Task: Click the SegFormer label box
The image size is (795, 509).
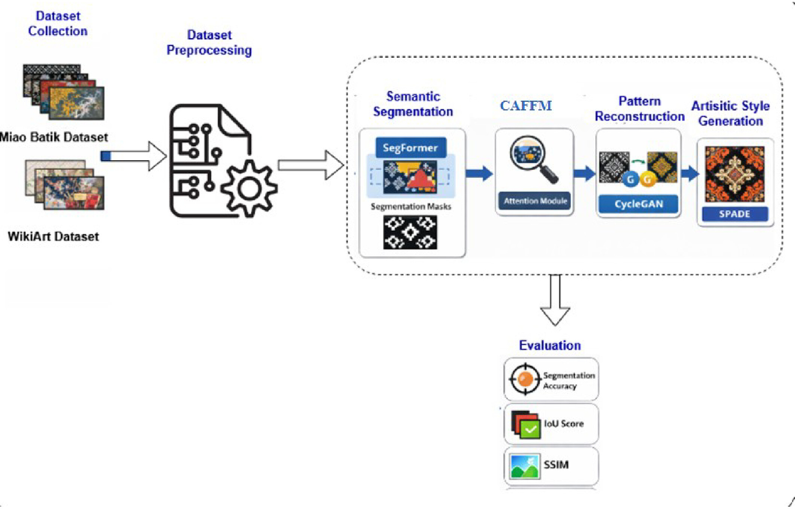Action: (411, 147)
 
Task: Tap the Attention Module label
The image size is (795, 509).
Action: (535, 201)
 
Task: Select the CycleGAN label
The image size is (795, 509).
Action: (639, 204)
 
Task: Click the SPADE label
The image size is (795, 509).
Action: (735, 214)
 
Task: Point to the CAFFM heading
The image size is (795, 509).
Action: (526, 106)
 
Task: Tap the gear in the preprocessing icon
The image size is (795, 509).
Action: (249, 188)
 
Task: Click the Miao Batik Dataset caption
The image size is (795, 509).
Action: (54, 137)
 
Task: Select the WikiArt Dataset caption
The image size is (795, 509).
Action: (53, 237)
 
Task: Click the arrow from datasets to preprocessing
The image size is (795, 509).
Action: (134, 156)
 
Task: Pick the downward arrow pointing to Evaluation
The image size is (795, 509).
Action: (555, 300)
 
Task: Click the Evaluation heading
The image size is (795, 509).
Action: (550, 345)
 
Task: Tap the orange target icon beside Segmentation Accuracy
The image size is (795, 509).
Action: (525, 379)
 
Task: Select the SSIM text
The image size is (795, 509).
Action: (556, 465)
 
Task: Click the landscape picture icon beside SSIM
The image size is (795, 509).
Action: (525, 466)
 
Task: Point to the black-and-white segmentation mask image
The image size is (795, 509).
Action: (410, 232)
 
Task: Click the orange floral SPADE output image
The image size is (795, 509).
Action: (735, 174)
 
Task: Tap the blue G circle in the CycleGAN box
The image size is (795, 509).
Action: (630, 180)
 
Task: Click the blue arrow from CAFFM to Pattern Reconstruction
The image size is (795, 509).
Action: (585, 173)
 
